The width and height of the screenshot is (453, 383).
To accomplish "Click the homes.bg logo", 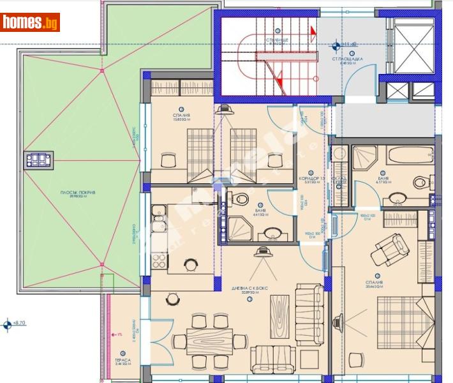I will [31, 22].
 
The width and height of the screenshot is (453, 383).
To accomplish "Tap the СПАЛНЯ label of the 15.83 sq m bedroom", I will [181, 116].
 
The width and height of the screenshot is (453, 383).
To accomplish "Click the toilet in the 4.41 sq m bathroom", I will [241, 199].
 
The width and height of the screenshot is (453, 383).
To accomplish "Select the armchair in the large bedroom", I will [389, 248].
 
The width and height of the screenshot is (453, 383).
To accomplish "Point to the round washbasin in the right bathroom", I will [421, 183].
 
